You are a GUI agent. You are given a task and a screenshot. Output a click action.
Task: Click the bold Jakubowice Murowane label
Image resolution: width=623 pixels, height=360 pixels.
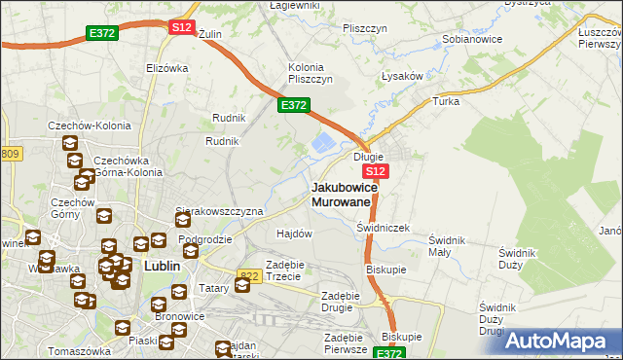pyautogui.click(x=341, y=194)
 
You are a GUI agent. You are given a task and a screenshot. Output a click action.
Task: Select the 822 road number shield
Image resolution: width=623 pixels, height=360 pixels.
pyautogui.click(x=250, y=276)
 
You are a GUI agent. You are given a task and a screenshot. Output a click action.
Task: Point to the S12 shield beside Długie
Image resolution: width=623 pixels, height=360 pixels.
pyautogui.click(x=379, y=171)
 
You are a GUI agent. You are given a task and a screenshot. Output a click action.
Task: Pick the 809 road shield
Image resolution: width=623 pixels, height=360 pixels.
pyautogui.click(x=10, y=154)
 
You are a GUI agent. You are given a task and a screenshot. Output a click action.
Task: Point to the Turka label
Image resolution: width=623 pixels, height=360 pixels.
pyautogui.click(x=446, y=102)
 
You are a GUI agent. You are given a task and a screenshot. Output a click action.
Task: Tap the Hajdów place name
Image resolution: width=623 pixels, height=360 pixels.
pyautogui.click(x=294, y=234)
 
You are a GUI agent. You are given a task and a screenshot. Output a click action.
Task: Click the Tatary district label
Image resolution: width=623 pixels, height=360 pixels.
pyautogui.click(x=187, y=289)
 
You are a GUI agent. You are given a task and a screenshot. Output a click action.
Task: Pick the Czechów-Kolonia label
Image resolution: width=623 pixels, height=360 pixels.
pyautogui.click(x=84, y=127)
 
